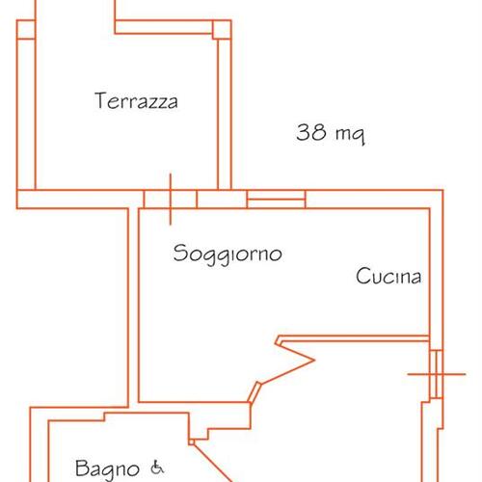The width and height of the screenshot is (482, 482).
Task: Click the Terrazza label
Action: point(137,101)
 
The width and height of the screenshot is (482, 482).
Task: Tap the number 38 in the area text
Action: point(310,133)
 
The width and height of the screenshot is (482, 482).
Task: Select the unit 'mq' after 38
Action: point(349,135)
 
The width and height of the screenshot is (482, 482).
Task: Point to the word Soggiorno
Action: point(228,254)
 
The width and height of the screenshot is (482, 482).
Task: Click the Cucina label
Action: point(388,278)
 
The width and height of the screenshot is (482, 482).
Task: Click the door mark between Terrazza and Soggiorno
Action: point(171,199)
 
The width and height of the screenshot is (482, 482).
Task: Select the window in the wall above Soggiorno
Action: point(277,200)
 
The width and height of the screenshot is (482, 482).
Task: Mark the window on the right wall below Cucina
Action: point(435,372)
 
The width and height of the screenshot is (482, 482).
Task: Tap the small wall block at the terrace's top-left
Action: point(26,30)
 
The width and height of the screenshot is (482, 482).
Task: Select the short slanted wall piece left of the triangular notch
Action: point(255,389)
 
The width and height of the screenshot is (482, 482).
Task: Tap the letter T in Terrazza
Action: point(100,100)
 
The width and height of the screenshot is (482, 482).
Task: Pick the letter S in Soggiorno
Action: point(180,254)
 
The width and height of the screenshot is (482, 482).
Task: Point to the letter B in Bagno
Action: point(81,469)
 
